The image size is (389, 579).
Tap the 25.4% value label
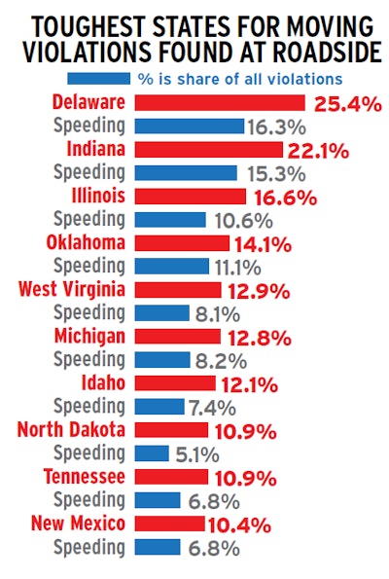coord(345,102)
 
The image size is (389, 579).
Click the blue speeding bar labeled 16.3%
coord(188,126)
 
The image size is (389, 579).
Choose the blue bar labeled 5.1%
coord(151,452)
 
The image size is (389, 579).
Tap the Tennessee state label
coord(85,476)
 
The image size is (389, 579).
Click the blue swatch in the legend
coord(98,78)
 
